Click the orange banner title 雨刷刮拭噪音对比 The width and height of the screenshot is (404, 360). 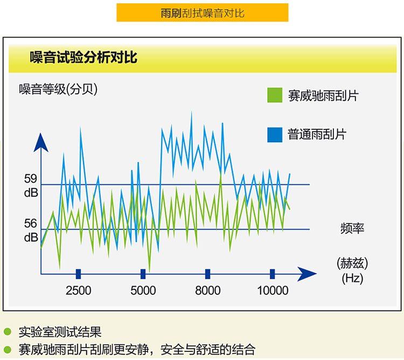tap(203, 13)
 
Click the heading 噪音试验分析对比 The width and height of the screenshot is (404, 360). tap(83, 57)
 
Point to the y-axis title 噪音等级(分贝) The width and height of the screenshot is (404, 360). tap(58, 89)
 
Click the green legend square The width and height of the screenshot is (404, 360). tap(275, 95)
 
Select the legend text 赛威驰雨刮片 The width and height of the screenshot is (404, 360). tap(323, 95)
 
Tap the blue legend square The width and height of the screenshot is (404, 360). tap(275, 135)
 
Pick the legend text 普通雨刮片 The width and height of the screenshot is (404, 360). tap(317, 134)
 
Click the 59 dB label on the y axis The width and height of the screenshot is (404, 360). tap(31, 185)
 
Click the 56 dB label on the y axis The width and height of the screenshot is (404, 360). tap(31, 230)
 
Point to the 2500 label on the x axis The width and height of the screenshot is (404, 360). tap(78, 290)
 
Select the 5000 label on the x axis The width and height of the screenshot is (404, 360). tap(143, 290)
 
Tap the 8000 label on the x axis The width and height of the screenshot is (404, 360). tap(208, 290)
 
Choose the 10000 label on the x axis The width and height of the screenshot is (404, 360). tap(273, 290)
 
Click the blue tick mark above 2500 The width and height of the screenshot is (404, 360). tap(78, 274)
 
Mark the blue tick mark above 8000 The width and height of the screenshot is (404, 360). tap(208, 274)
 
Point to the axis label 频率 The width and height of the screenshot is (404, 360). tap(352, 229)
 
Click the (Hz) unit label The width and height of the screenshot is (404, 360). tap(352, 278)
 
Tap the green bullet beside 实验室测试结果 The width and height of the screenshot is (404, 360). tap(8, 331)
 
